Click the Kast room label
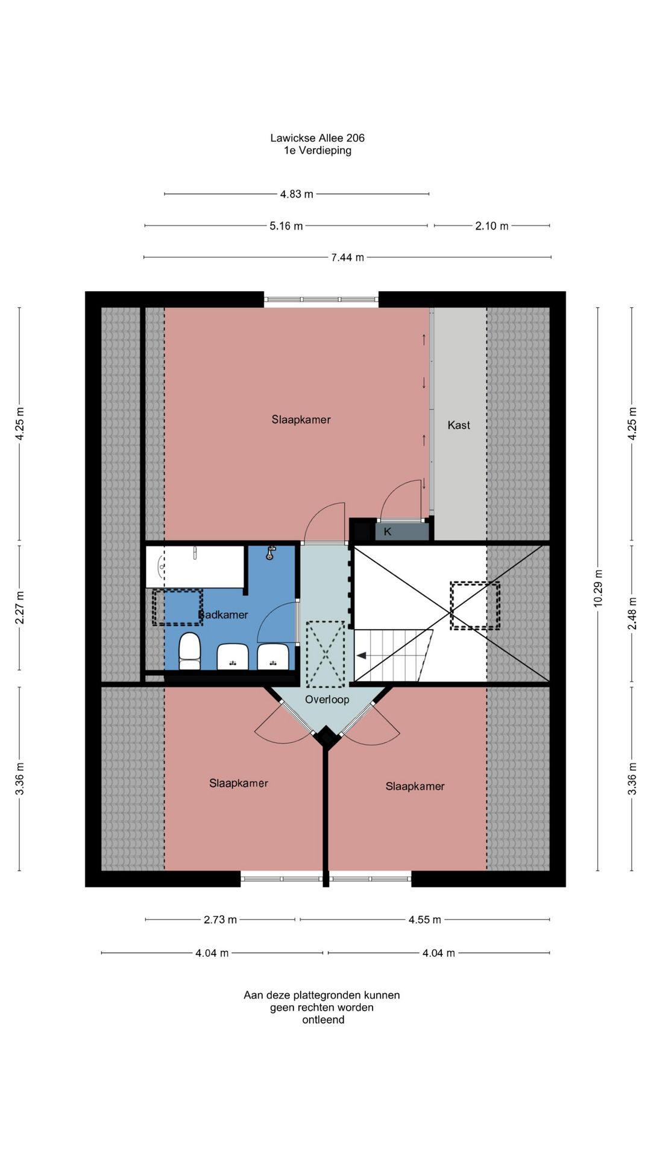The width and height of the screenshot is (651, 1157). pos(458,425)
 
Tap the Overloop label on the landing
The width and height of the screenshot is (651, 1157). pos(327,699)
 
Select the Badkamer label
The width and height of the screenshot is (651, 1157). pos(224,615)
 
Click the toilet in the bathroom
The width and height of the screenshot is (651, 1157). pos(190,651)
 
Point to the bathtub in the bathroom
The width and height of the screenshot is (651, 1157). pos(194,566)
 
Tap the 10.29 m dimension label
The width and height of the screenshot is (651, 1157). pos(598,588)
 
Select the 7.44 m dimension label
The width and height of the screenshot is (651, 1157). pos(347,257)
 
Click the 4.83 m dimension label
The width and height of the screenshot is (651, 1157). pos(297,194)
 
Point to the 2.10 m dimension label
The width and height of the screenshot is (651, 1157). pos(491,226)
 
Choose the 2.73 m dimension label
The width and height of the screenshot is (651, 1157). pos(220,920)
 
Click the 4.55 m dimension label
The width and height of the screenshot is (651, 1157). pos(424,920)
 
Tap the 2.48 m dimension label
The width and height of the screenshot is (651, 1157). pos(632,613)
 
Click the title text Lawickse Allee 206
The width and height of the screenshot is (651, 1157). pos(317,138)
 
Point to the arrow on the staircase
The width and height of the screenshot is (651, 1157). pos(362,656)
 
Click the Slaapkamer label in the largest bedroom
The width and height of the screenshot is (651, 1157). pos(301,419)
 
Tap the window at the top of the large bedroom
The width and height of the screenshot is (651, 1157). pos(321,299)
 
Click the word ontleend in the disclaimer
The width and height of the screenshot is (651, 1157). pos(323,1020)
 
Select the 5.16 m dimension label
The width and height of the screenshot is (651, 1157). pos(286,226)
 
